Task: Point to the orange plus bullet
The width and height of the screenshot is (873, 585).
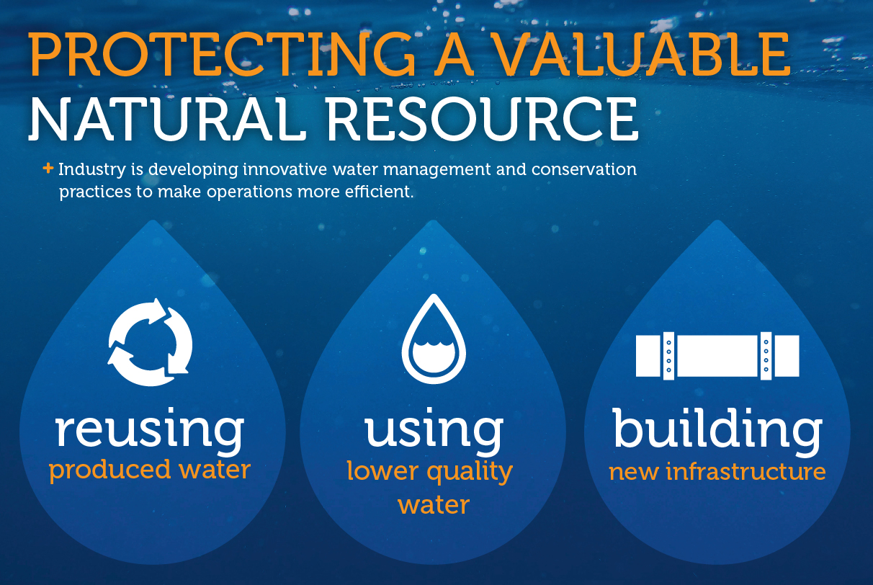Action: pyautogui.click(x=48, y=169)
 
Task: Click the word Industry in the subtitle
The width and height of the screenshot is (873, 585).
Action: pyautogui.click(x=92, y=170)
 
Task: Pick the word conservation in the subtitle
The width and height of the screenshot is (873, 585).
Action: pyautogui.click(x=584, y=169)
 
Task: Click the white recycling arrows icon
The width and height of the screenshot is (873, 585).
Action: pyautogui.click(x=150, y=342)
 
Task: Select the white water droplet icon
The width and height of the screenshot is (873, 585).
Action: pyautogui.click(x=434, y=339)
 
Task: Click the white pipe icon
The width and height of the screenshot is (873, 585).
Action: pyautogui.click(x=717, y=355)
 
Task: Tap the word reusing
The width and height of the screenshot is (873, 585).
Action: pyautogui.click(x=150, y=431)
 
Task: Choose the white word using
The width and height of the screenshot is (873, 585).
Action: pyautogui.click(x=434, y=431)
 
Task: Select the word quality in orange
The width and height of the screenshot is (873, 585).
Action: pyautogui.click(x=470, y=473)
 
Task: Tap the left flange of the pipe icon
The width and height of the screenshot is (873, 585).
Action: pyautogui.click(x=668, y=355)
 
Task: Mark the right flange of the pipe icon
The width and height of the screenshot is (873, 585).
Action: pyautogui.click(x=766, y=355)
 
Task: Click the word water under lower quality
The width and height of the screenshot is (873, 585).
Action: pyautogui.click(x=434, y=506)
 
